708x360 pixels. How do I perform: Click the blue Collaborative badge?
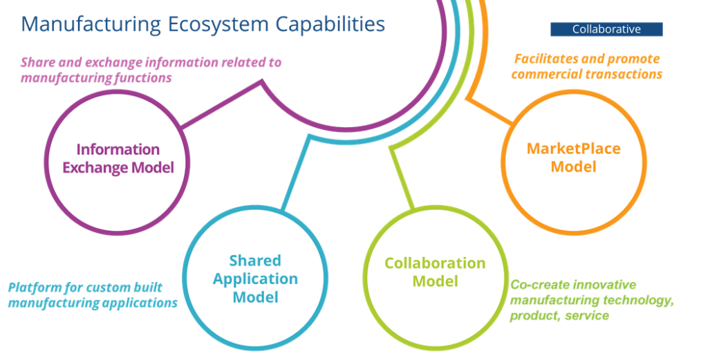pyautogui.click(x=606, y=29)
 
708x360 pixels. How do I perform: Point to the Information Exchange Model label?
pyautogui.click(x=118, y=158)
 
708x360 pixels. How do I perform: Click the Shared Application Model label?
pyautogui.click(x=255, y=278)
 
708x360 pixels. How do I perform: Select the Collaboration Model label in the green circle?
pyautogui.click(x=435, y=272)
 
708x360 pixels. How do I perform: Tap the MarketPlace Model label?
pyautogui.click(x=573, y=158)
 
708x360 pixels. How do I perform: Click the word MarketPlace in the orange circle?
pyautogui.click(x=573, y=149)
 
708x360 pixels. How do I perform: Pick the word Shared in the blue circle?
pyautogui.click(x=255, y=260)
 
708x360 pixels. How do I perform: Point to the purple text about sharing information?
pyautogui.click(x=151, y=70)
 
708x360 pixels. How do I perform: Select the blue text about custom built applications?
pyautogui.click(x=93, y=295)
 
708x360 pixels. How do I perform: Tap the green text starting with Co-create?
pyautogui.click(x=591, y=300)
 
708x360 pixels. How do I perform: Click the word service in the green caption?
pyautogui.click(x=587, y=316)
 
